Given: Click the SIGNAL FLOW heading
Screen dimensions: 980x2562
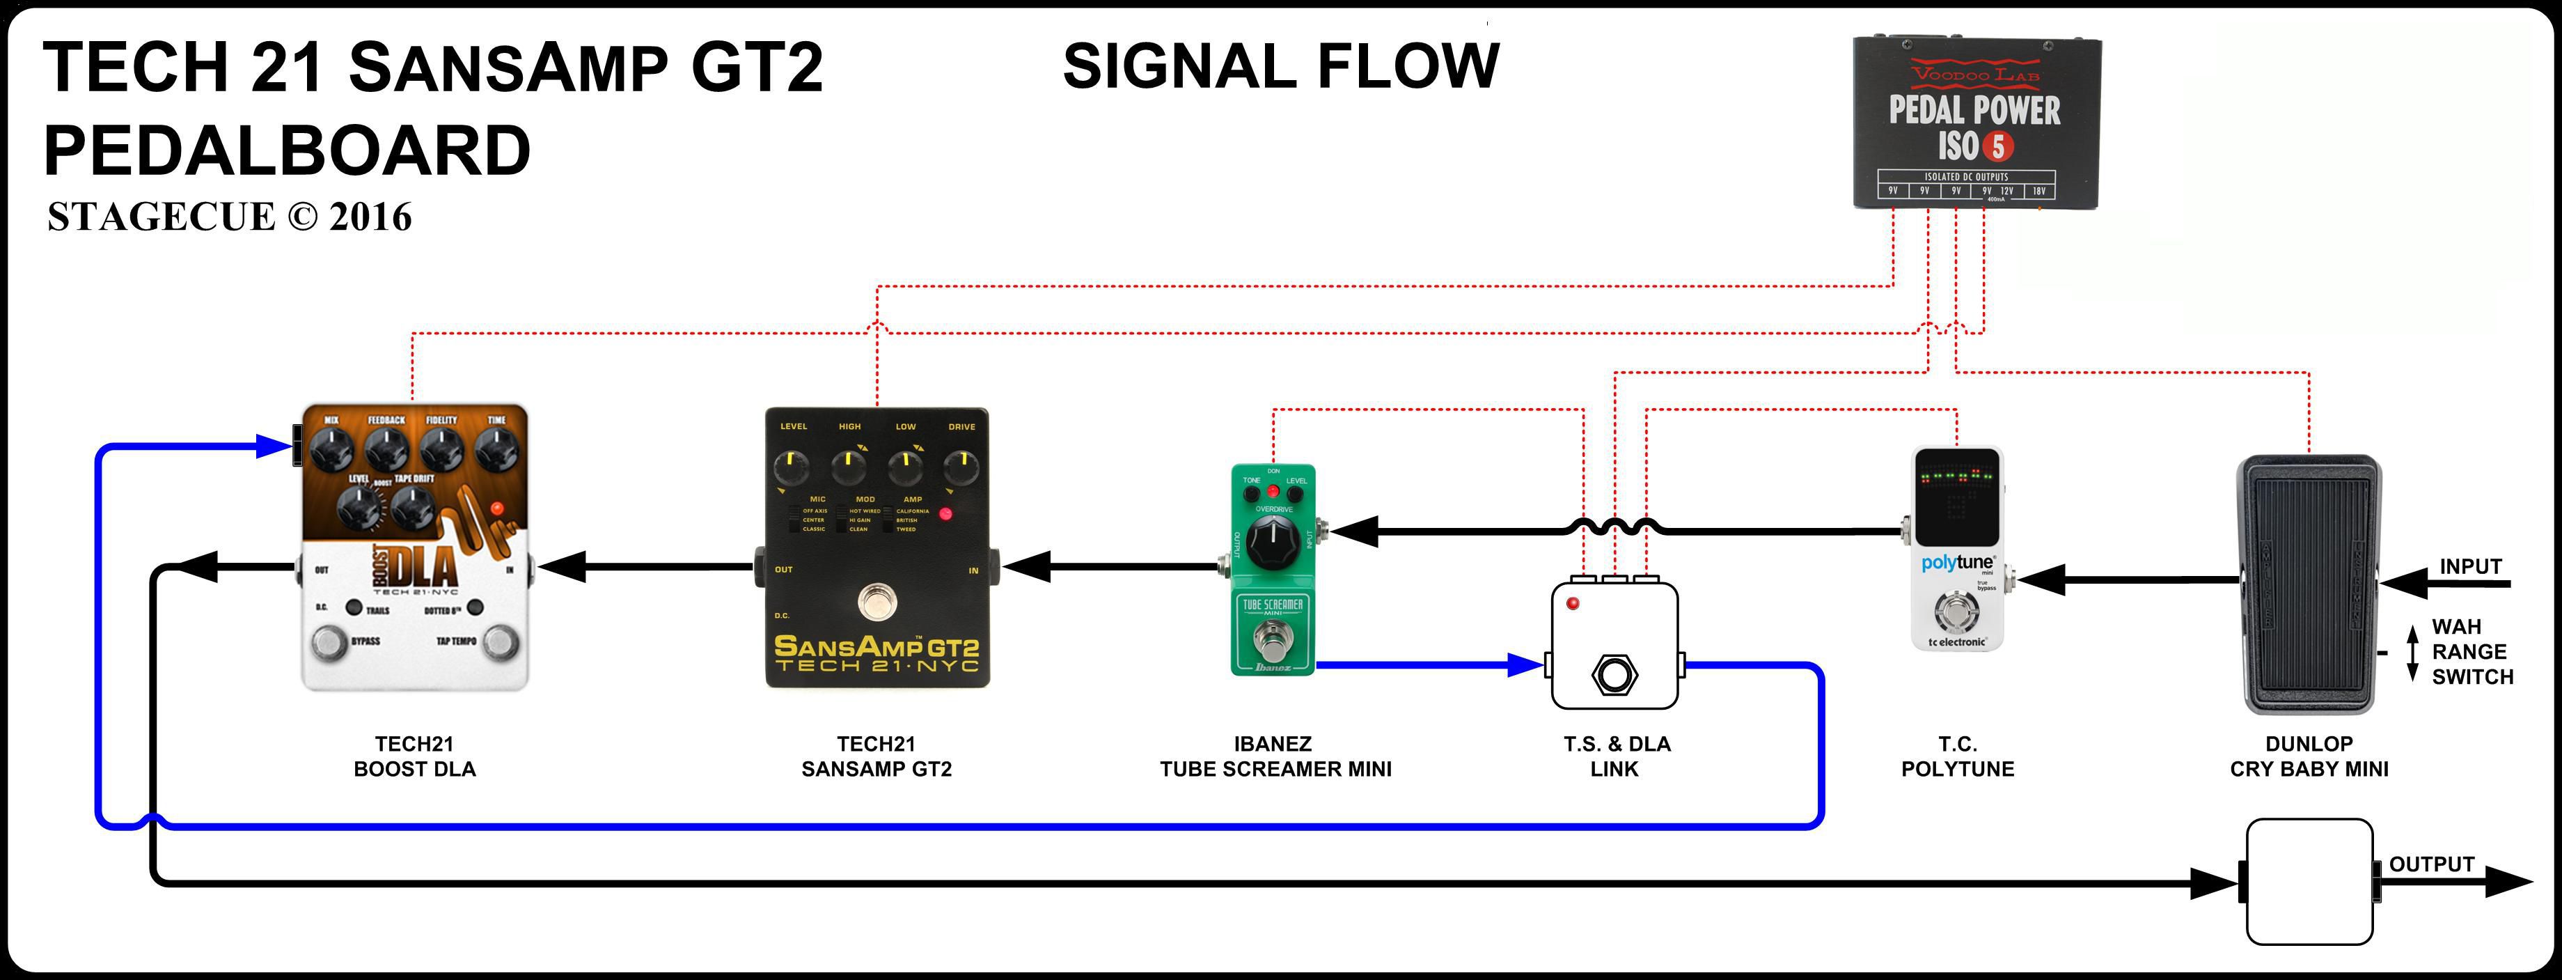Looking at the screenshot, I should tap(1280, 67).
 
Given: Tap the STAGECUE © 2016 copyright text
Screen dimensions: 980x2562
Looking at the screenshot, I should tap(229, 217).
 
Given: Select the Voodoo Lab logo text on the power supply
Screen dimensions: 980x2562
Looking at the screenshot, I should tap(1975, 72).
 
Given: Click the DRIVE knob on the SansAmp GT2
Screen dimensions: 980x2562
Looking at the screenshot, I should tap(961, 465).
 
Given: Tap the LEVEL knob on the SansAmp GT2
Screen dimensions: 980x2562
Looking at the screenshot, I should tap(793, 465).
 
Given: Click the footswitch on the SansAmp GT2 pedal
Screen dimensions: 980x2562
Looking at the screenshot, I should tap(877, 602).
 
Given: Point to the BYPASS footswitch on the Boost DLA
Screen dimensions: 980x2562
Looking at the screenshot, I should tap(329, 644).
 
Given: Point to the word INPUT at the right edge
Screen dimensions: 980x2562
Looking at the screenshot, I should tap(2471, 566).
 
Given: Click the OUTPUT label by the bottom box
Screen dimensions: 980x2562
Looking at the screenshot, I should tap(2430, 864).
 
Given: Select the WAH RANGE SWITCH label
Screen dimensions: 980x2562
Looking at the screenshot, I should tap(2471, 652).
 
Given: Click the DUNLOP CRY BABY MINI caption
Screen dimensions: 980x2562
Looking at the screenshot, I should tap(2309, 756).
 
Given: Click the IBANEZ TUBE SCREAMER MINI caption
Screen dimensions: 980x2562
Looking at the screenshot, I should tap(1274, 756).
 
